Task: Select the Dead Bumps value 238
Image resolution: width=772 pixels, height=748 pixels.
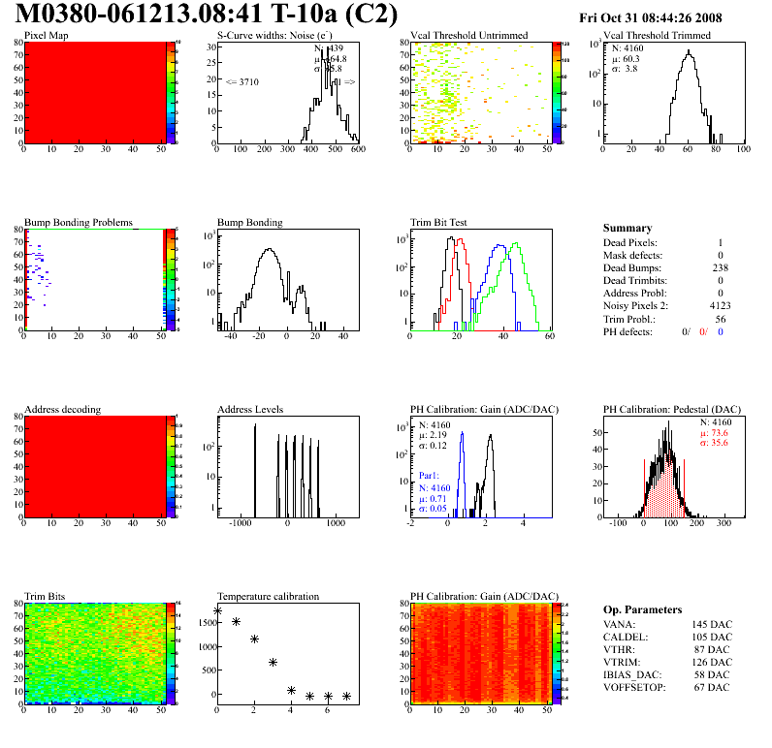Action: (x=719, y=267)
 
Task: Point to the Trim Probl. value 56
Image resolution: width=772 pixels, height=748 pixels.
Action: (x=721, y=318)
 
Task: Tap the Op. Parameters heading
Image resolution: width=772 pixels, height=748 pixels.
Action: (x=642, y=609)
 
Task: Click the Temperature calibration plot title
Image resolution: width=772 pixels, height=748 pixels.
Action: (x=268, y=596)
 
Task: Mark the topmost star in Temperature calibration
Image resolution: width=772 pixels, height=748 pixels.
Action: (x=217, y=611)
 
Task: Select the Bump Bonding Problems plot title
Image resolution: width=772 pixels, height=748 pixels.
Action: (x=79, y=222)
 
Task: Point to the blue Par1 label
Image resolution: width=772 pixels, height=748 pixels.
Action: (x=430, y=476)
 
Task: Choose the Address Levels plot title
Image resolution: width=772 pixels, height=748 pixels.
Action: (x=250, y=409)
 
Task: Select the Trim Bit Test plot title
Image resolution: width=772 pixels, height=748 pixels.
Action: (x=439, y=222)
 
